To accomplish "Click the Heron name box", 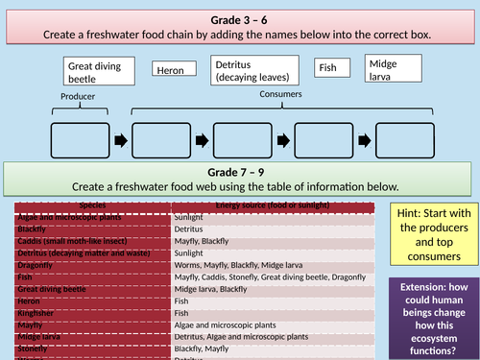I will click(x=176, y=70).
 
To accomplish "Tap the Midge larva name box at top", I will click(x=395, y=68).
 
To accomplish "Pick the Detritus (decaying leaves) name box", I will click(x=255, y=70).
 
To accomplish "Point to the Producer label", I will click(x=80, y=98).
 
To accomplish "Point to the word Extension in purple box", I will click(x=420, y=287).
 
